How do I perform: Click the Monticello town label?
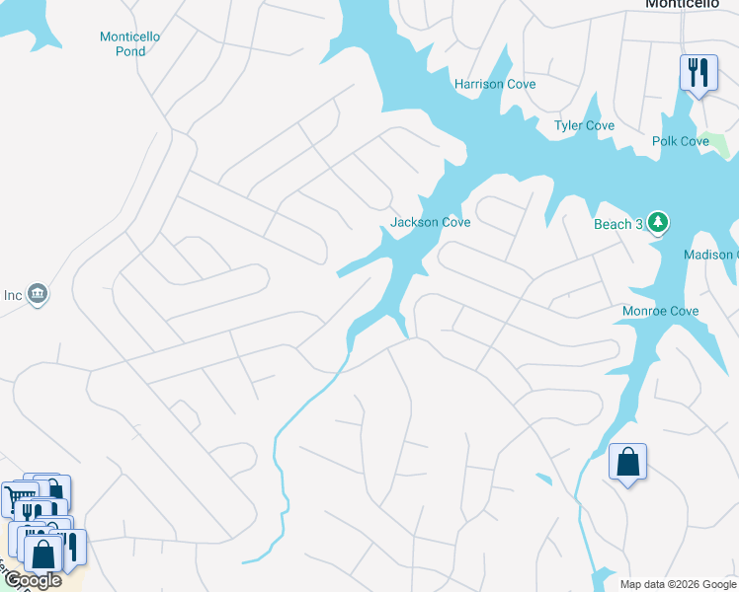point(681,4)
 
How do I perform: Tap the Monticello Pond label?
point(129,43)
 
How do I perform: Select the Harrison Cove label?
point(495,84)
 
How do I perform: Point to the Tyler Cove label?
point(584,125)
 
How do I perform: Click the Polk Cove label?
point(681,141)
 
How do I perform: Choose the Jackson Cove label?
point(430,222)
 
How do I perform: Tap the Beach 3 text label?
point(618,224)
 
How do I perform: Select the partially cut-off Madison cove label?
point(710,255)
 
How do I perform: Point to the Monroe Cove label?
point(660,311)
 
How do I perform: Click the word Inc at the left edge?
point(12,294)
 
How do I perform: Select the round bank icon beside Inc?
point(38,293)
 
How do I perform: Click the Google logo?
point(33,580)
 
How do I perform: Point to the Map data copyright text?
point(678,584)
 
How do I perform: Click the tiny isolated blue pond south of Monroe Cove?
point(542,479)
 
